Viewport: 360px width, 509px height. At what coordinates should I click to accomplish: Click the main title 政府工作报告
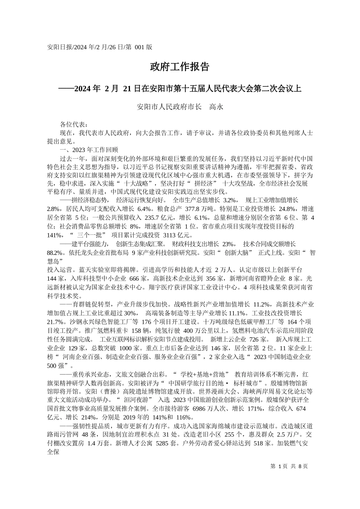pos(180,67)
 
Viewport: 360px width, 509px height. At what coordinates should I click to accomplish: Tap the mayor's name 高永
pos(216,107)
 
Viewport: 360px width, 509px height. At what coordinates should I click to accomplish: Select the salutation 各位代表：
pos(74,125)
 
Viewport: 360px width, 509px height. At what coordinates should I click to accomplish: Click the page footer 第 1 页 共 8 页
pos(289,467)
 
